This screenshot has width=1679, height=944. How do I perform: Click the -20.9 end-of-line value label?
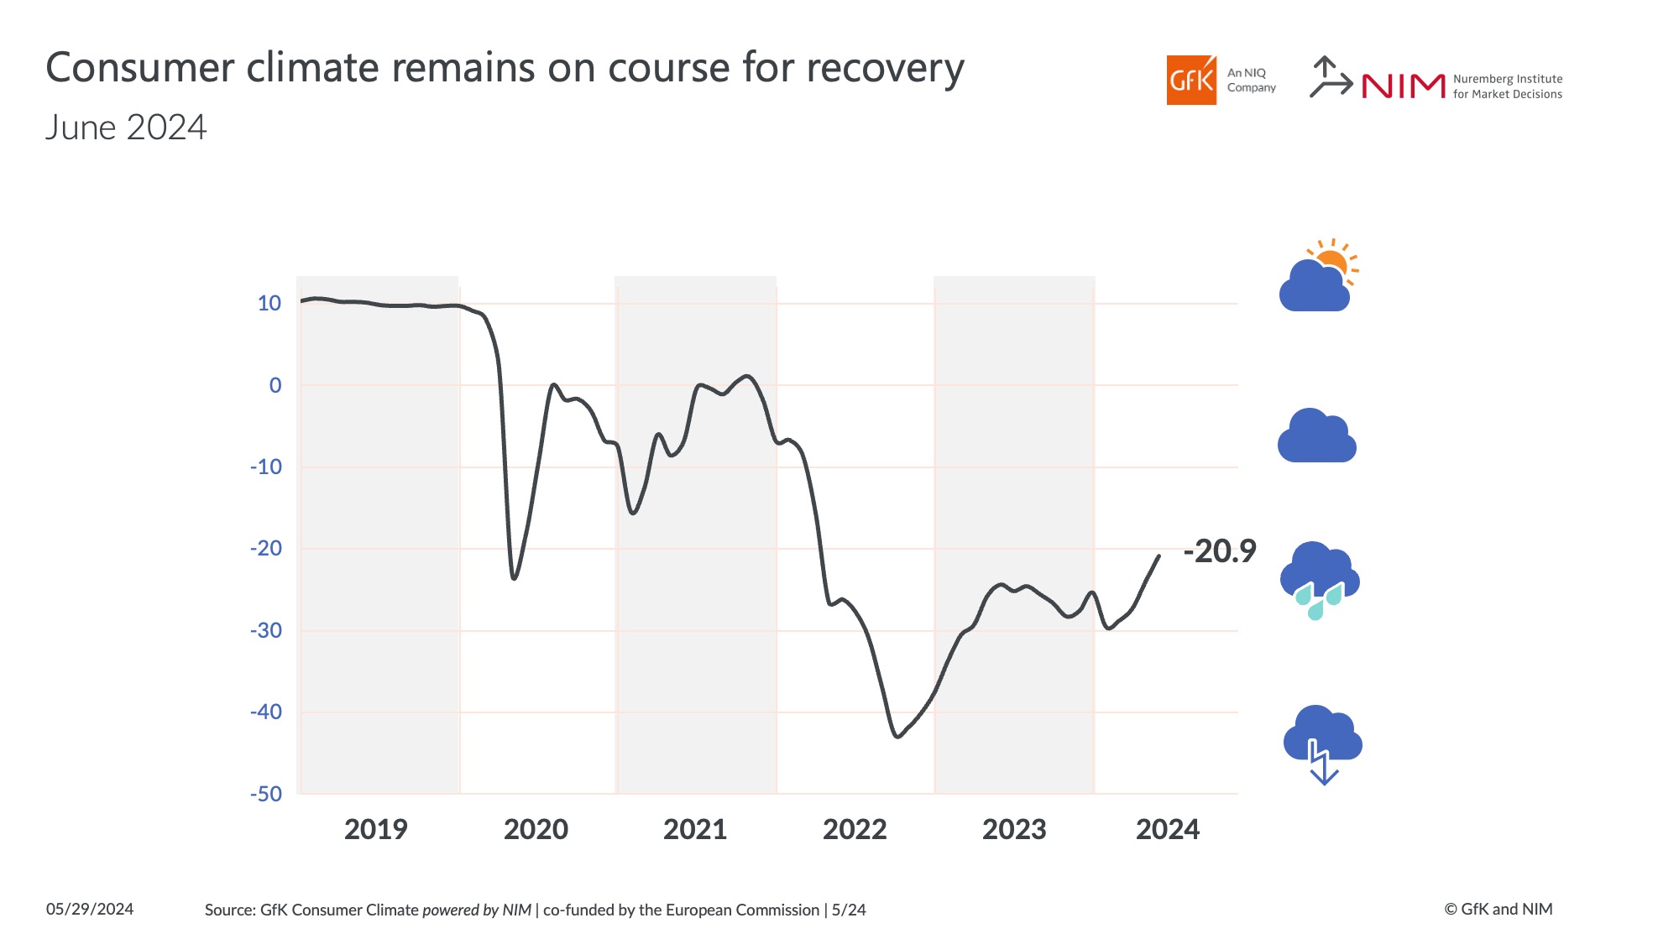coord(1219,551)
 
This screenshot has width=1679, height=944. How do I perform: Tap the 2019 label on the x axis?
coord(375,829)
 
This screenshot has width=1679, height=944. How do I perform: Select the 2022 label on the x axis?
coord(855,829)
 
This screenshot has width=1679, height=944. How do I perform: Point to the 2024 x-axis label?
coord(1167,829)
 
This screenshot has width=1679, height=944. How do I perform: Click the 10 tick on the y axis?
coord(269,303)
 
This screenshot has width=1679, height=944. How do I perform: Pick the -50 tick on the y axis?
coord(266,794)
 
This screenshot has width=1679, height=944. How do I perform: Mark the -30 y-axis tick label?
coord(266,630)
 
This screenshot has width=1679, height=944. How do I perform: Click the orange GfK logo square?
coord(1190,81)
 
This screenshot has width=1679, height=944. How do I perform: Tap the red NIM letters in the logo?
coord(1403,86)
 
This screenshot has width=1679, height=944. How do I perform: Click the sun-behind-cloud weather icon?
coord(1318,277)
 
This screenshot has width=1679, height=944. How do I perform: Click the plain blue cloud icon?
coord(1316,436)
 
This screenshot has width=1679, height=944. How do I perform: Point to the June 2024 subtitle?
coord(126,128)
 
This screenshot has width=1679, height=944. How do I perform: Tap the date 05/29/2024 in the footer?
coord(90,909)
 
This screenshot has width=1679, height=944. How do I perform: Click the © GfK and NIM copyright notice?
coord(1498,909)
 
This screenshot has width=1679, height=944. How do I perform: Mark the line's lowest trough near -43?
coord(897,737)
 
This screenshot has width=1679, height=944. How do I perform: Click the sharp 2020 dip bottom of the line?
coord(514,578)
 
